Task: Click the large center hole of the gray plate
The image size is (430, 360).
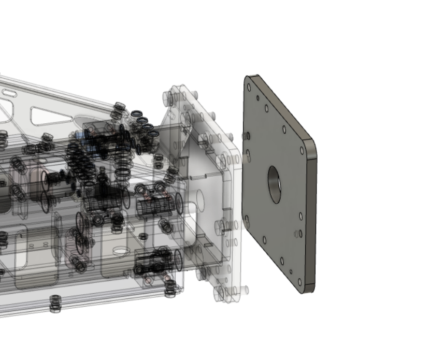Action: tap(274, 184)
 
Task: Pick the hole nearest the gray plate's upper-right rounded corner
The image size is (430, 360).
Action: tap(302, 151)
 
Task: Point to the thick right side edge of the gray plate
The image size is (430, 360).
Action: tap(311, 218)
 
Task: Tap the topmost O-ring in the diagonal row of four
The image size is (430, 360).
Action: tap(137, 114)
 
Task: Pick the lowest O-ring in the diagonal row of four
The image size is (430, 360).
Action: tap(153, 134)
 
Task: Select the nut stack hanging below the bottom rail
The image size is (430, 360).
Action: tap(55, 304)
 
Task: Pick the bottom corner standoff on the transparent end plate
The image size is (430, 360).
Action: tap(220, 293)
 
